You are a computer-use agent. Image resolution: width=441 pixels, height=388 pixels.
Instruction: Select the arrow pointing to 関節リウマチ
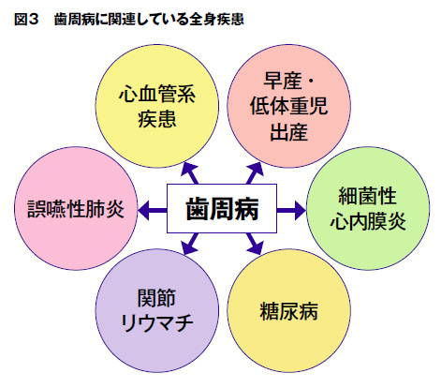190,243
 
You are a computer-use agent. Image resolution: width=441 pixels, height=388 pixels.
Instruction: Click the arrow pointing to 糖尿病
254,243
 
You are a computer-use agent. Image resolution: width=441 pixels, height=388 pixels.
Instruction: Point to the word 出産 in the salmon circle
287,131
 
